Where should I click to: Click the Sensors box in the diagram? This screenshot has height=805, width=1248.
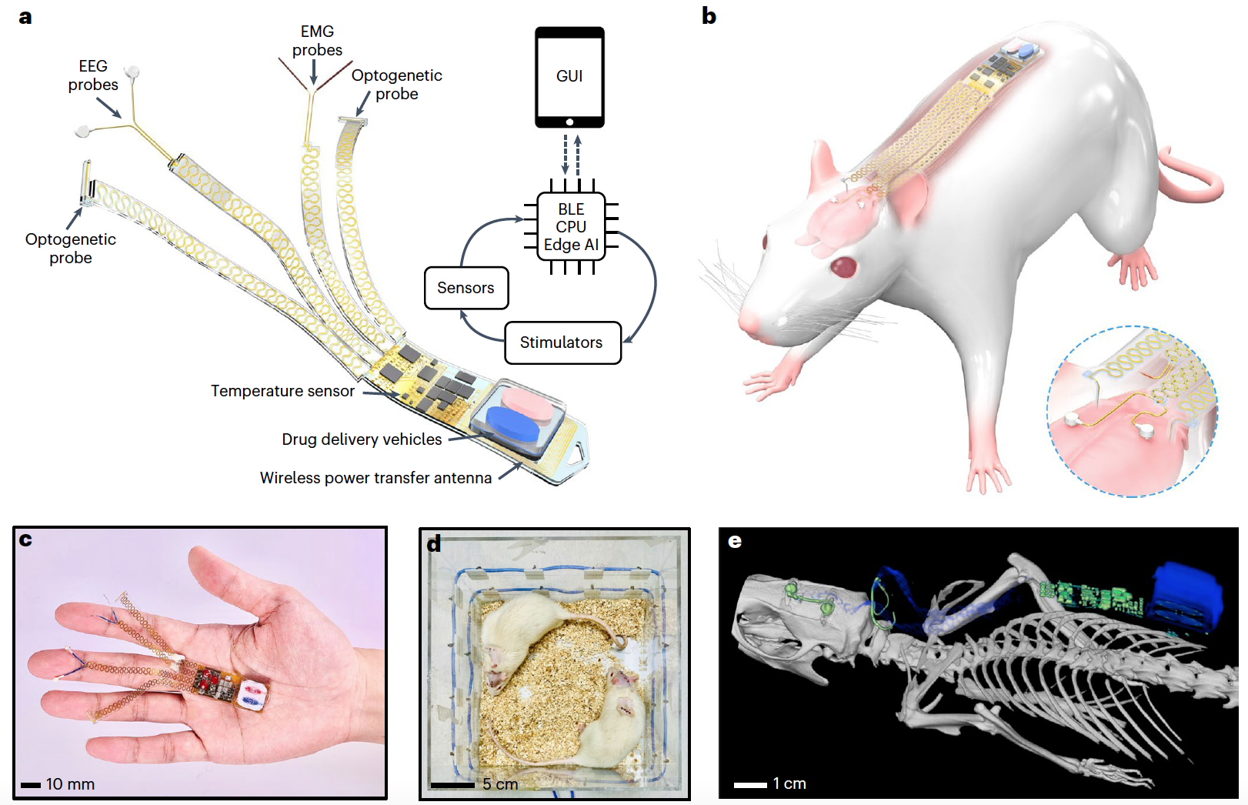(466, 288)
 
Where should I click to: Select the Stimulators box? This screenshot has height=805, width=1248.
(562, 342)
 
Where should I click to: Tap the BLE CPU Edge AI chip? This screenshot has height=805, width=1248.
(571, 227)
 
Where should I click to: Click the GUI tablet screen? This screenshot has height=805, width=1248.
(569, 75)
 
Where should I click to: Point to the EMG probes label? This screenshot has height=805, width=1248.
(317, 41)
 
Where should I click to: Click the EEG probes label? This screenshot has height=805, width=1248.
(93, 75)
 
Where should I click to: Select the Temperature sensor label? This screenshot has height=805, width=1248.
(282, 391)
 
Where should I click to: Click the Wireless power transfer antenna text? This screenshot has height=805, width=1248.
(375, 478)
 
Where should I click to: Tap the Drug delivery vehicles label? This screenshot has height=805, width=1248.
(362, 439)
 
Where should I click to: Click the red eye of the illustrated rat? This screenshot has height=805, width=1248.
(844, 267)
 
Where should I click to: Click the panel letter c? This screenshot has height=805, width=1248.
(25, 539)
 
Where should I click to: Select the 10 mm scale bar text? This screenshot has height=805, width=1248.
(70, 784)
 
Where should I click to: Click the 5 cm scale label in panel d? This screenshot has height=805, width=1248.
(500, 784)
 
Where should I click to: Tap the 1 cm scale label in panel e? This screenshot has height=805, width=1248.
(789, 783)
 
